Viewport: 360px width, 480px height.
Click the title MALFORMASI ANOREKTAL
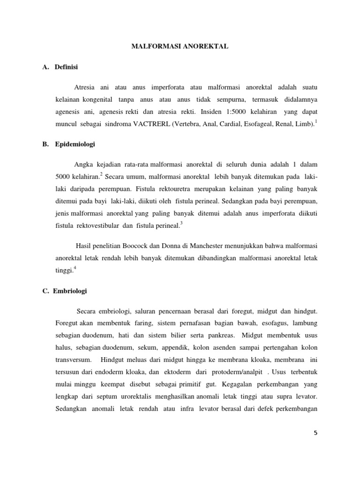coord(180,46)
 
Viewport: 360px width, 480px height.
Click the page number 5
coord(315,433)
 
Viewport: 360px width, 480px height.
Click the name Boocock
coord(137,246)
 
